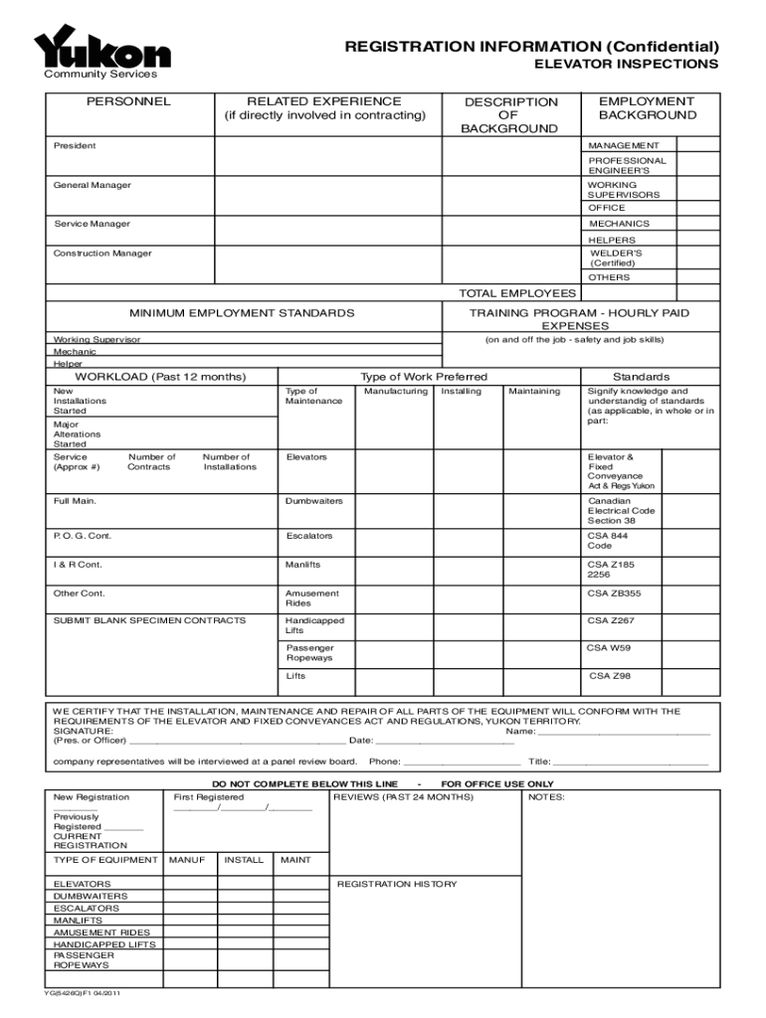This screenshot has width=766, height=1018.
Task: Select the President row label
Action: [75, 146]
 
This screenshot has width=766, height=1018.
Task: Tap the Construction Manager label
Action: [102, 254]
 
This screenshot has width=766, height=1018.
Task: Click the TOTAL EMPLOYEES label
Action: [516, 293]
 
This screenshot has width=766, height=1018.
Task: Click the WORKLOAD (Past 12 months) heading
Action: [161, 377]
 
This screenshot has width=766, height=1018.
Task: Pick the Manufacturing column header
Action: [395, 392]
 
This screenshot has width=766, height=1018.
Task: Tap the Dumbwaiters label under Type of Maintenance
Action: [314, 501]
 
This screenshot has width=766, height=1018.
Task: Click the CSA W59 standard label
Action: [608, 648]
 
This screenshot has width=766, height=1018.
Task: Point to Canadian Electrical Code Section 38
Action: [621, 511]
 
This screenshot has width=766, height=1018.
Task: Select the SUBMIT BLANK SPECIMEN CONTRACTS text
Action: [149, 620]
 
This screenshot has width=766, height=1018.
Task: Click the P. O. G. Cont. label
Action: [83, 537]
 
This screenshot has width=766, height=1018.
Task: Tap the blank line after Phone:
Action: [461, 763]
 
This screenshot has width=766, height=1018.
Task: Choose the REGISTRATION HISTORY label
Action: [397, 884]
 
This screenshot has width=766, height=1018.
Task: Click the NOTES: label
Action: [547, 797]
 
